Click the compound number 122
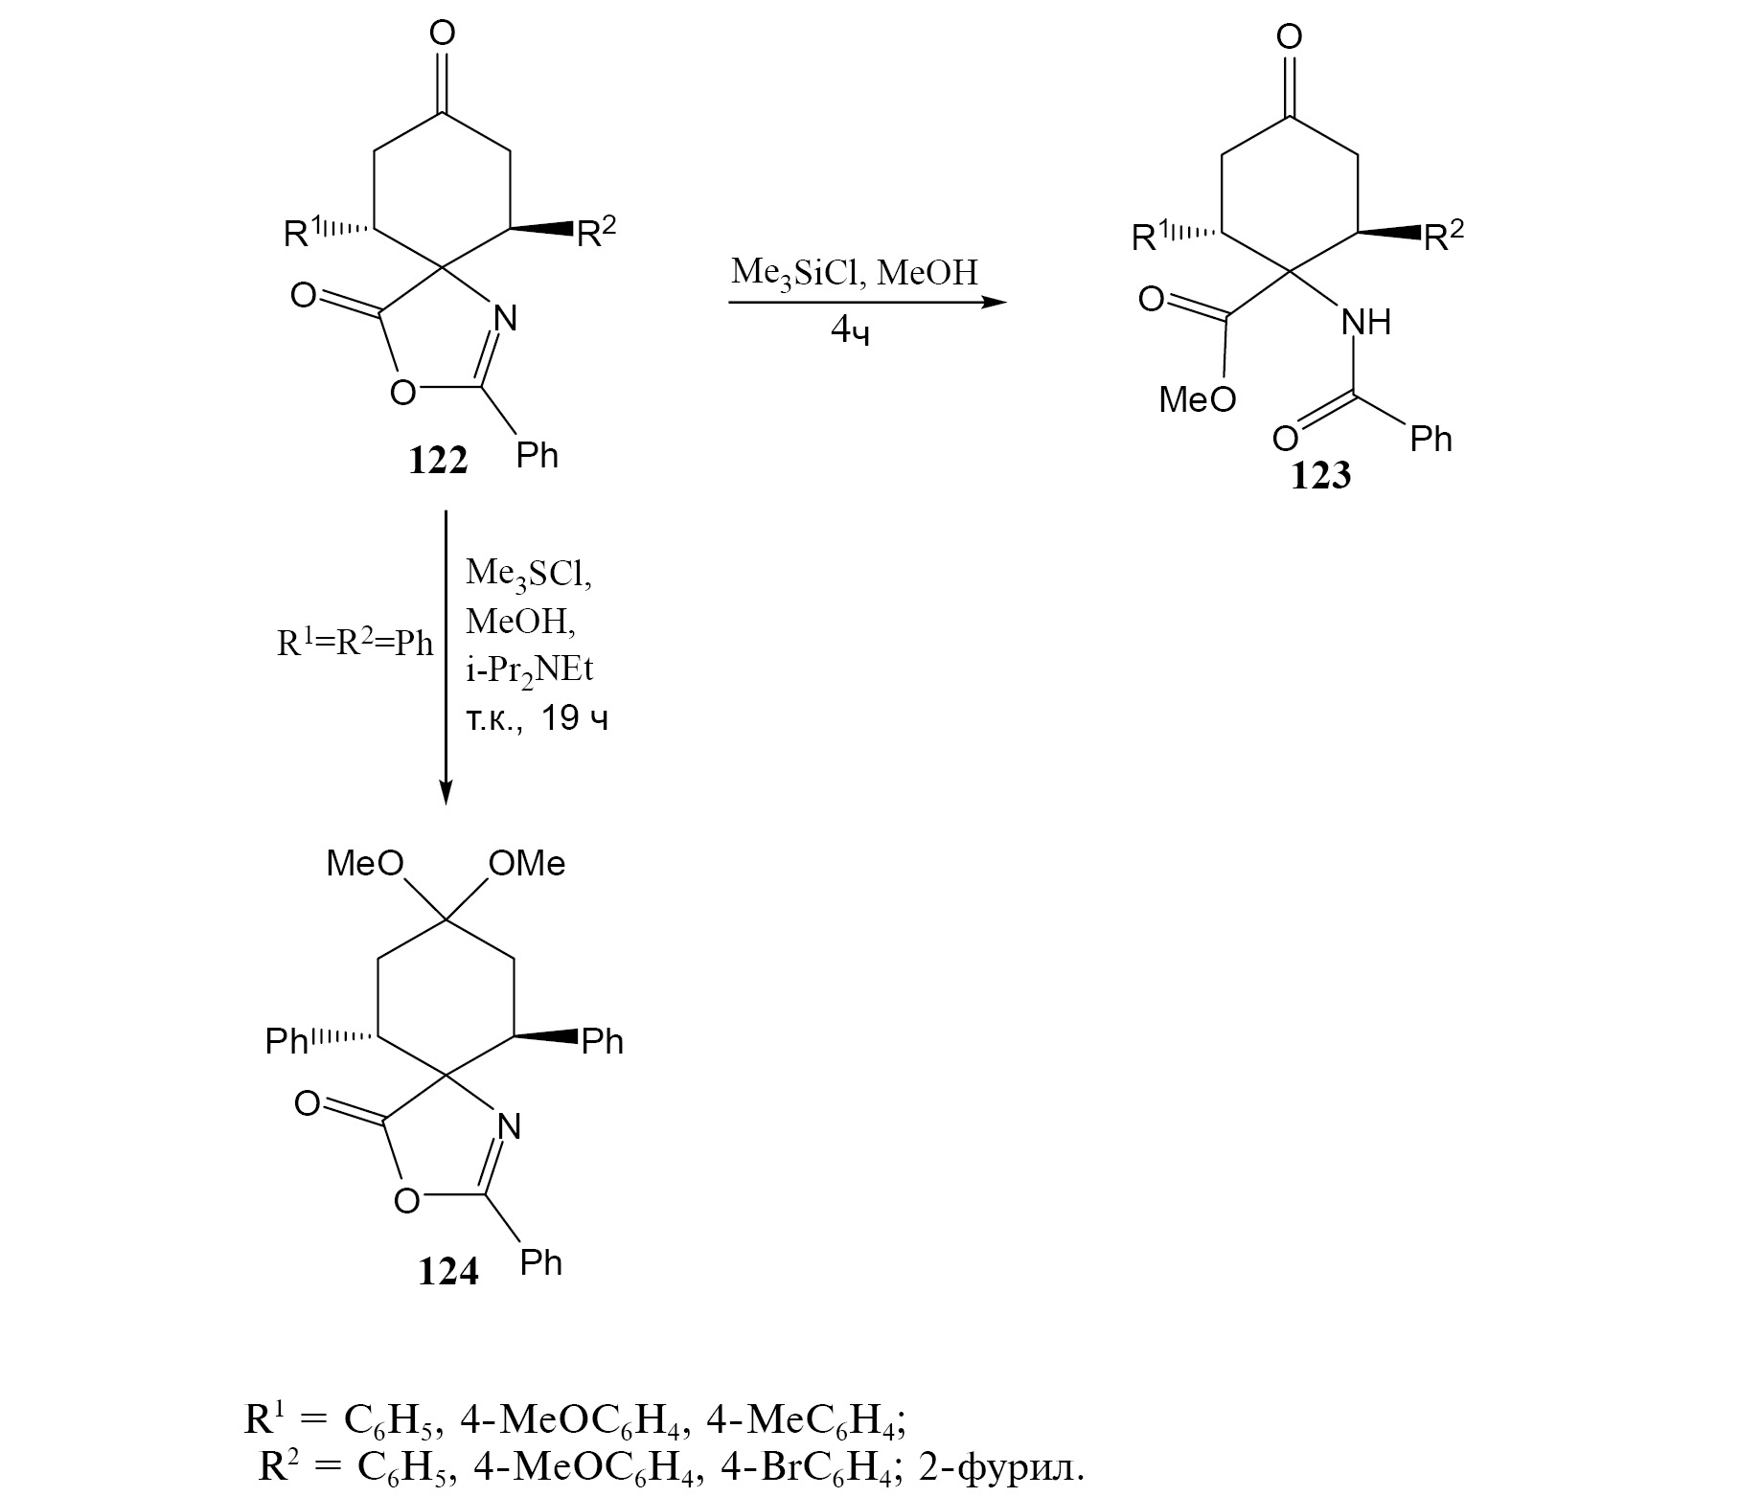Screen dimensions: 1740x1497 point(438,462)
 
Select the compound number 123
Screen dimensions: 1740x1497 point(1320,476)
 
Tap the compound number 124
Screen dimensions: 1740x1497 point(447,1271)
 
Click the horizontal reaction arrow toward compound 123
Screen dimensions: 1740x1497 point(868,304)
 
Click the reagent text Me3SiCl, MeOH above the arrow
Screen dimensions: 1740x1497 point(855,274)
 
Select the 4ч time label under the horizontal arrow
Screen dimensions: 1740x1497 point(851,331)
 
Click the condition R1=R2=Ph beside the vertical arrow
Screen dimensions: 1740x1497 point(355,643)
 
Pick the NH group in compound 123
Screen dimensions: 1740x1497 point(1365,323)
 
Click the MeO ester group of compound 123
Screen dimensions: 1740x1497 point(1198,399)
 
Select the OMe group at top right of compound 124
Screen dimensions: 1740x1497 point(527,864)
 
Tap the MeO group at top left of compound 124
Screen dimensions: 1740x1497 point(365,864)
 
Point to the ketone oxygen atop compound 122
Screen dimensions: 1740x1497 point(442,34)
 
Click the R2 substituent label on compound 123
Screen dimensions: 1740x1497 point(1444,234)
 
